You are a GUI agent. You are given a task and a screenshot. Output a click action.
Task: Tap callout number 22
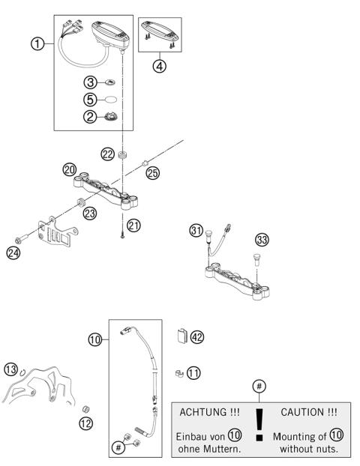108,154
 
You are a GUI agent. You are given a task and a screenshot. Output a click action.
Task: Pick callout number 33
262,240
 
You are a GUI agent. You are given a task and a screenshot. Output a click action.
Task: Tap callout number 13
10,369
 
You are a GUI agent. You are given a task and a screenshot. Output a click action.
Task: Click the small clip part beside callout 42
181,336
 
